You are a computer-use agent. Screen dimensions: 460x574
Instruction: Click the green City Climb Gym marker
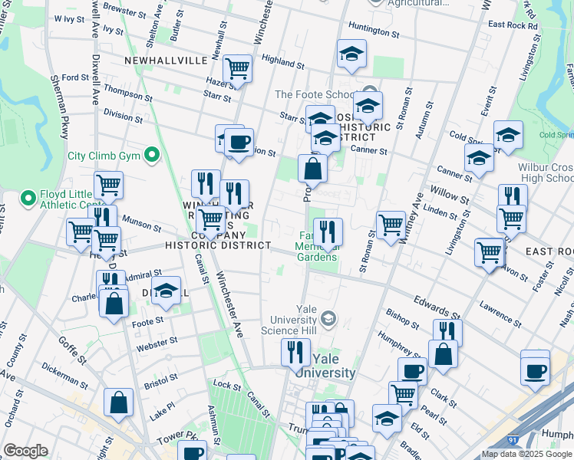click(x=152, y=156)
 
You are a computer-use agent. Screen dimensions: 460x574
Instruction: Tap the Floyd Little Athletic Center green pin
click(x=28, y=199)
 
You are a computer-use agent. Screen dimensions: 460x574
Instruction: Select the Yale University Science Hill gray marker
click(x=328, y=318)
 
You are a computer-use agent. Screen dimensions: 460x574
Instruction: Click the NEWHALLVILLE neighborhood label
click(x=166, y=60)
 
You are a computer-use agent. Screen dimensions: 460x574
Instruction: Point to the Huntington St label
click(x=374, y=31)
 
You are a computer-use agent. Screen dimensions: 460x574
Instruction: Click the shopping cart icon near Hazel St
click(x=238, y=69)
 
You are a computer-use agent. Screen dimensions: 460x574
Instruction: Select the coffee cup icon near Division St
click(x=239, y=141)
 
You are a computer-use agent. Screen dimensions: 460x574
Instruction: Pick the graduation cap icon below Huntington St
click(x=351, y=54)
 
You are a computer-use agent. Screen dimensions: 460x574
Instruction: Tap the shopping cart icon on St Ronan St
click(x=391, y=225)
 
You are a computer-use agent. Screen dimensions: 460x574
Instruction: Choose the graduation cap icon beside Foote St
click(x=166, y=291)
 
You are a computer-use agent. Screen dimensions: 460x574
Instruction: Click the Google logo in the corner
click(x=25, y=451)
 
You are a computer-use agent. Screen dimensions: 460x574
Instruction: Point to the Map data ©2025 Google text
click(x=526, y=454)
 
